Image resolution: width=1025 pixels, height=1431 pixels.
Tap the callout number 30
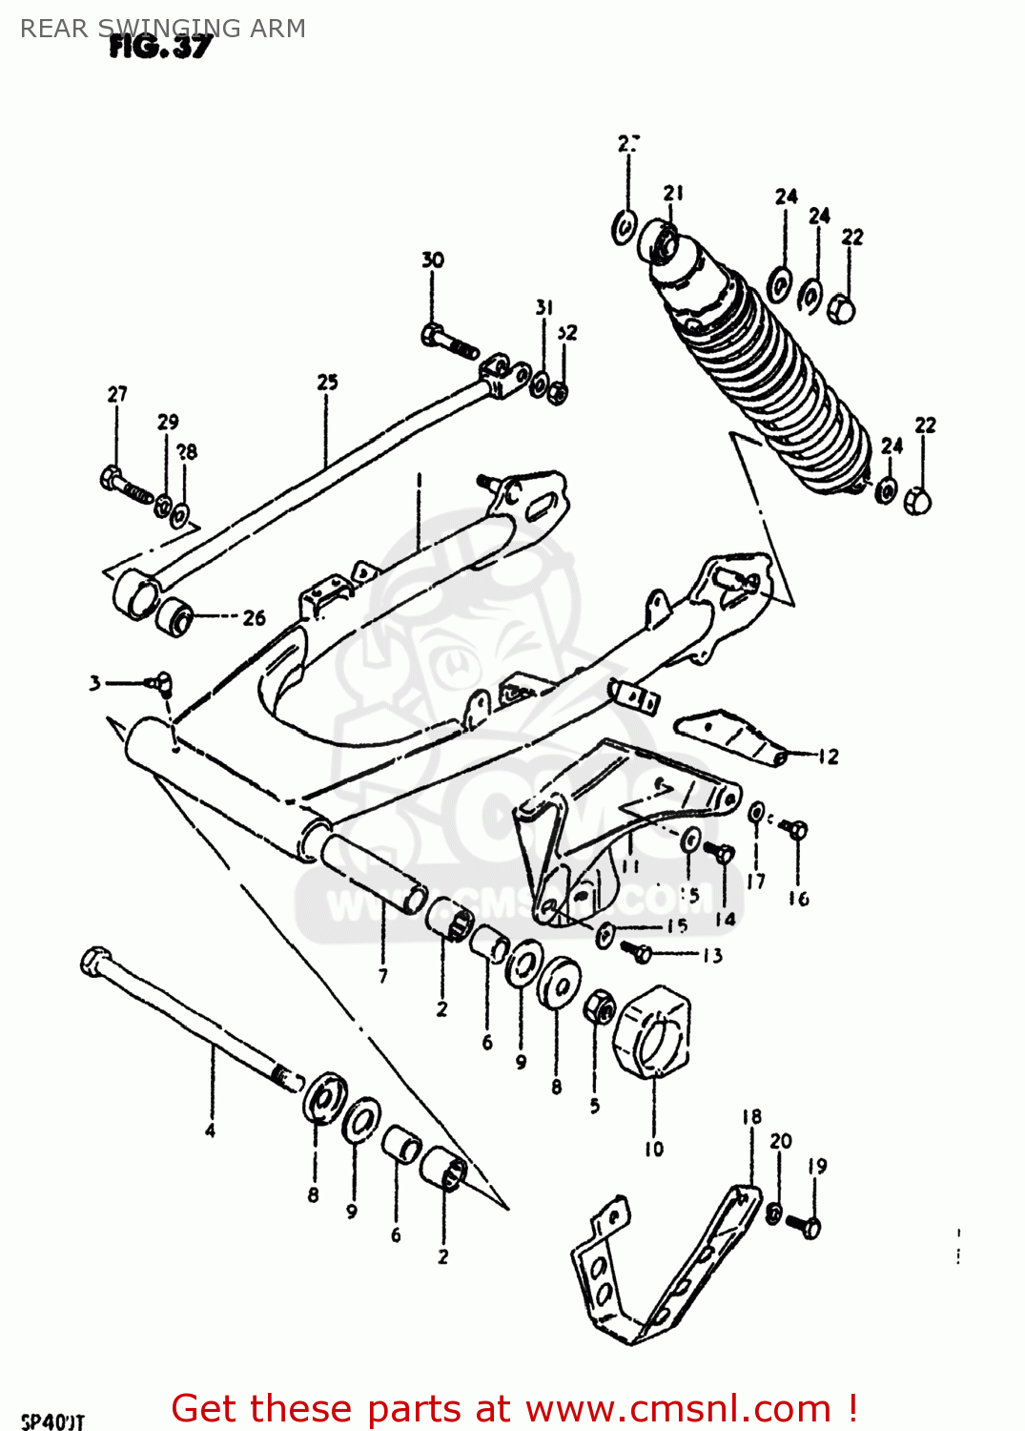click(x=433, y=259)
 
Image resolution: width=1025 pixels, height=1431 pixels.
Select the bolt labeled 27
click(x=124, y=483)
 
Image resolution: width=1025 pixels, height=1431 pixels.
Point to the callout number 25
click(x=327, y=382)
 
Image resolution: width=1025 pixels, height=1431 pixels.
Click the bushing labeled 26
click(x=175, y=618)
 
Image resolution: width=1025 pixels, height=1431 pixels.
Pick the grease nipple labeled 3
click(x=159, y=681)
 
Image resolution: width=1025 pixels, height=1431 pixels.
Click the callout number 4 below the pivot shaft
click(x=210, y=1130)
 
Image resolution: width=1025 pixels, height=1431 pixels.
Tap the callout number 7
click(x=383, y=976)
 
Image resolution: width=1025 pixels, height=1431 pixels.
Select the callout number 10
click(x=654, y=1150)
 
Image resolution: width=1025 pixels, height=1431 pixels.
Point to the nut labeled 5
click(x=600, y=1006)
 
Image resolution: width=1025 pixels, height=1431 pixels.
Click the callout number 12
click(x=829, y=757)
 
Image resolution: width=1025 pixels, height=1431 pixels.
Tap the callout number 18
click(x=751, y=1116)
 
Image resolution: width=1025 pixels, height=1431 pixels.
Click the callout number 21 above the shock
click(x=674, y=193)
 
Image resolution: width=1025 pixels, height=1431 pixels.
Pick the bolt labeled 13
click(x=638, y=951)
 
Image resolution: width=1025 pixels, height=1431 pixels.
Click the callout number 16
click(x=799, y=899)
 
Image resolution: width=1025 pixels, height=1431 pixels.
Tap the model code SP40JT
click(x=52, y=1421)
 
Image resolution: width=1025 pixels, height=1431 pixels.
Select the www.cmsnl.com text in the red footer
click(x=678, y=1408)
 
